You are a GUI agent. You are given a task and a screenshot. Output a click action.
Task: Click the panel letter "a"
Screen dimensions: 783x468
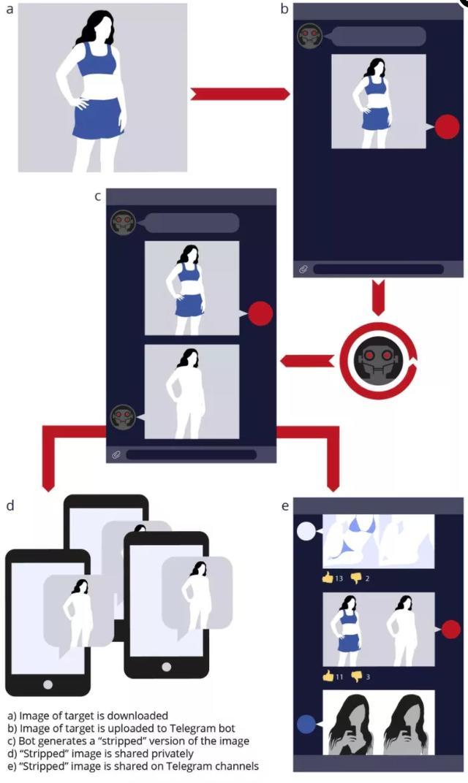point(10,11)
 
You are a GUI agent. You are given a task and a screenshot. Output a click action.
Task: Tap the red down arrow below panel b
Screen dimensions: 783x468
point(378,297)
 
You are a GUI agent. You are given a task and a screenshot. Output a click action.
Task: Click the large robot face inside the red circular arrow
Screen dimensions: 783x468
point(377,359)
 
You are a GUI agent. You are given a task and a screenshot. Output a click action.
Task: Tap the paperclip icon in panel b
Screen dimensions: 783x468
point(303,270)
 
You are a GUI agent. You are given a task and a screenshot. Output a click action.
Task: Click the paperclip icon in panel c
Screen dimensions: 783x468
point(116,455)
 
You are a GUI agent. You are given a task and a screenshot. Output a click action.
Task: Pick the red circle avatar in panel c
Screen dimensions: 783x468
point(260,314)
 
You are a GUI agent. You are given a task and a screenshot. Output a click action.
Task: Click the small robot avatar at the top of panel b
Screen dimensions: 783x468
point(309,37)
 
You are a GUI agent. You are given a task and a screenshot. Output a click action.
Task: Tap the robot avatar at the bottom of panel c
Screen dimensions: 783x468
point(123,417)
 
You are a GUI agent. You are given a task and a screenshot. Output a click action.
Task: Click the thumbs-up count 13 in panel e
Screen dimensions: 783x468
point(339,578)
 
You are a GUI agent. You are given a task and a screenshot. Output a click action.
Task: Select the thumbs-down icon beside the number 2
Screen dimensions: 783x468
point(356,578)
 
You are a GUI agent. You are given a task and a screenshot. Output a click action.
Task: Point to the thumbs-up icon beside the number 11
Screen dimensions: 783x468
point(327,676)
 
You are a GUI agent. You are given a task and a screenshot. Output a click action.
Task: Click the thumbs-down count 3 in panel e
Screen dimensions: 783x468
point(368,677)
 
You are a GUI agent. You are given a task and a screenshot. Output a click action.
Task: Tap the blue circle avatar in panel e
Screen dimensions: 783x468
point(306,724)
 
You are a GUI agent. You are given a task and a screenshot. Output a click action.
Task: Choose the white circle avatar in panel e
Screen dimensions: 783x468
point(306,531)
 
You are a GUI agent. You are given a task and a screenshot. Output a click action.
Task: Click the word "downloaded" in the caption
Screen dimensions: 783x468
point(142,716)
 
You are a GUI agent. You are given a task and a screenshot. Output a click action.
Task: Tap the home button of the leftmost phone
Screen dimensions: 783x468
point(48,684)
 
